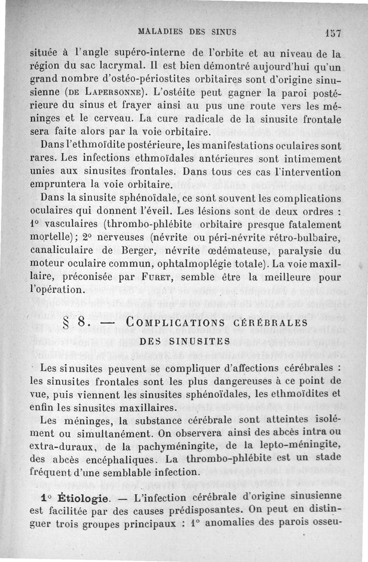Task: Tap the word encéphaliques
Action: (x=126, y=459)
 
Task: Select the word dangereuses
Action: (x=220, y=382)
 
